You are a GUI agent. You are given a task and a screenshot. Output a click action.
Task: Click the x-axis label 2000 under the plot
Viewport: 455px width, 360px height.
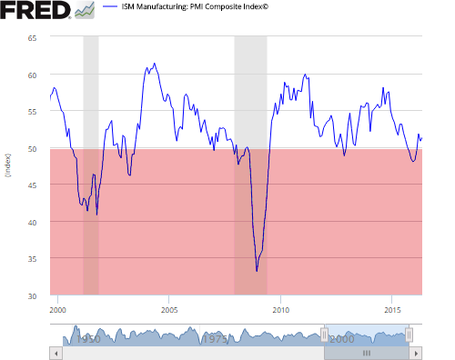58,310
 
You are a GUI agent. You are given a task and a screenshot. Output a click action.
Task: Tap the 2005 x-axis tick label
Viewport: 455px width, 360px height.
169,310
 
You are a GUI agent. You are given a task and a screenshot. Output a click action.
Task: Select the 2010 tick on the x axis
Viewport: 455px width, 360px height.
280,310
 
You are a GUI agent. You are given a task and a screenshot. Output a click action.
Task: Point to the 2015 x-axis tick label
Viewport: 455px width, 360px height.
392,310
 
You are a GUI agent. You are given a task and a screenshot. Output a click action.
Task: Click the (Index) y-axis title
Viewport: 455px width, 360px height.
8,166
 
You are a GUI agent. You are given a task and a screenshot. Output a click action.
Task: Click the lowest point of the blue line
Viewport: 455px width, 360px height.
257,271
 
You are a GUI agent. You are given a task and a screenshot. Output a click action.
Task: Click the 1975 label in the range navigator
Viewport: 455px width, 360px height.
216,338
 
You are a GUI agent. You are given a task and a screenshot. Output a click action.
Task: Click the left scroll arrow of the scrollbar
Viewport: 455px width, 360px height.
55,353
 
